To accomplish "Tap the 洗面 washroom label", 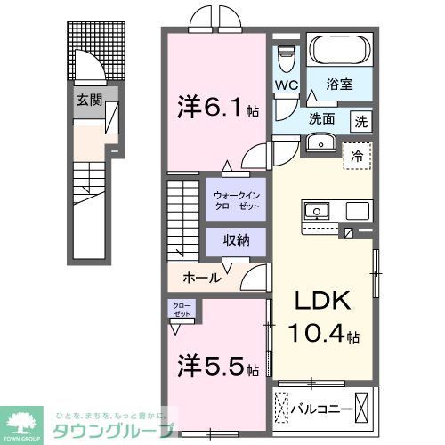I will [322, 117].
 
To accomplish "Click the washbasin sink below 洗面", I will [318, 144].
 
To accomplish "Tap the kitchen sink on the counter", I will [316, 212].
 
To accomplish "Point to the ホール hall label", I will [202, 278].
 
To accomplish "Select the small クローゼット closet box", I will [182, 311].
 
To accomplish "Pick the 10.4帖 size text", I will [322, 336].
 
